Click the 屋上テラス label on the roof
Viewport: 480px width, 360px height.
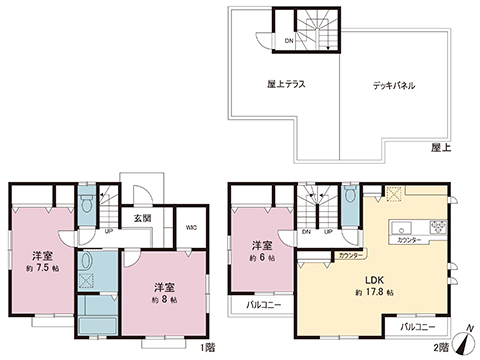coord(285,86)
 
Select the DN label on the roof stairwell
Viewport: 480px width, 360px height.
coord(289,41)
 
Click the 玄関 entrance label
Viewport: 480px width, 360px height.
coord(141,217)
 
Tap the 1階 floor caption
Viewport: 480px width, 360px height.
coord(206,346)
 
